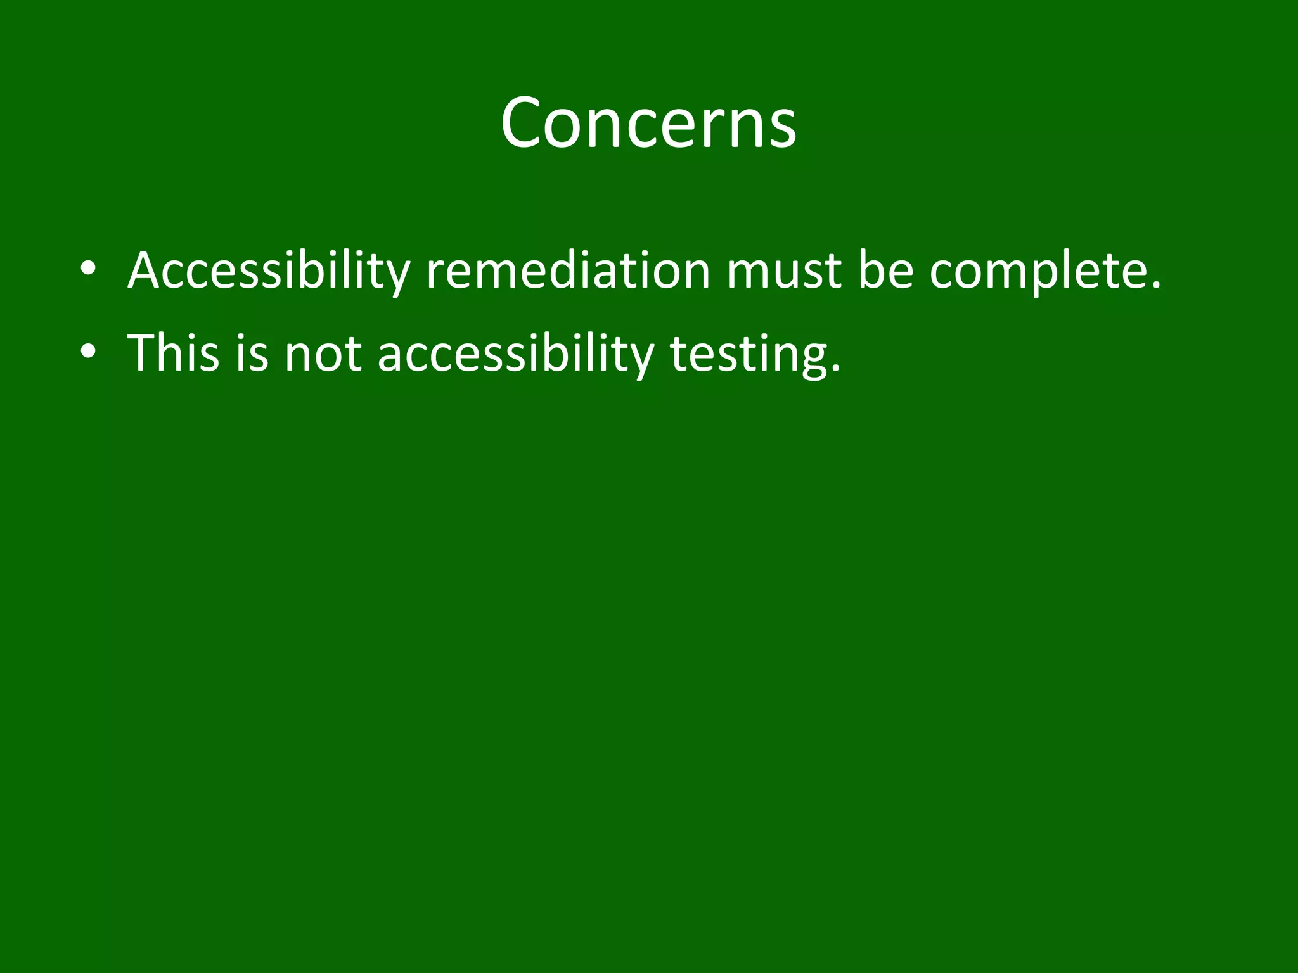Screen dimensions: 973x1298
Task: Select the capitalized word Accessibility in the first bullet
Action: click(x=269, y=271)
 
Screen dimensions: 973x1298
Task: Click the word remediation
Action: click(x=568, y=271)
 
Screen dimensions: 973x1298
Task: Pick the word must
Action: click(x=783, y=271)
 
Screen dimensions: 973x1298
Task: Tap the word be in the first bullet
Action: click(x=885, y=271)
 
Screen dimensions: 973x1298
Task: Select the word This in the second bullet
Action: click(x=173, y=353)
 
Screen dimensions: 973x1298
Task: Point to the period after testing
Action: click(x=835, y=369)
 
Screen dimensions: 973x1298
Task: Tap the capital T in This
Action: click(x=142, y=353)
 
